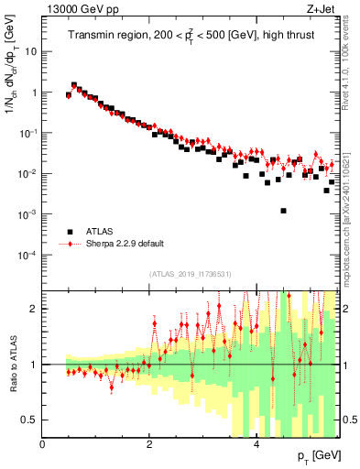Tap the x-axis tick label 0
[42, 443]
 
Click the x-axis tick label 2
[149, 443]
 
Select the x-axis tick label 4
[256, 443]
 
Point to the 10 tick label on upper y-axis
[31, 52]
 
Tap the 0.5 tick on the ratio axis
[29, 420]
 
